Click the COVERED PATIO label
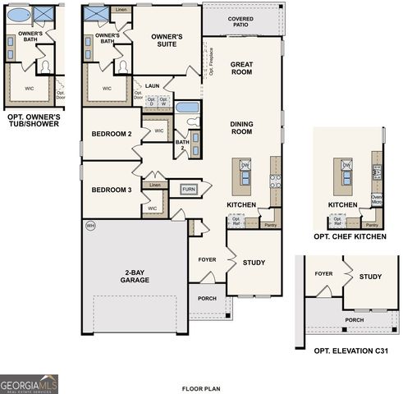(x=241, y=21)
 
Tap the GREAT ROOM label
(x=241, y=68)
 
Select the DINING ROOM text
(x=241, y=128)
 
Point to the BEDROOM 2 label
(x=112, y=133)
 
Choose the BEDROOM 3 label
(x=112, y=190)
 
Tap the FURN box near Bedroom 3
(x=190, y=189)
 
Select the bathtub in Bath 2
(x=187, y=108)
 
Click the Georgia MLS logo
(x=30, y=383)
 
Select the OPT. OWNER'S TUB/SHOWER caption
(x=33, y=121)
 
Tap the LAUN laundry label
(x=152, y=85)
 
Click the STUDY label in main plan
(x=254, y=263)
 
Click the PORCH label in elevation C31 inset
(x=354, y=320)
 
